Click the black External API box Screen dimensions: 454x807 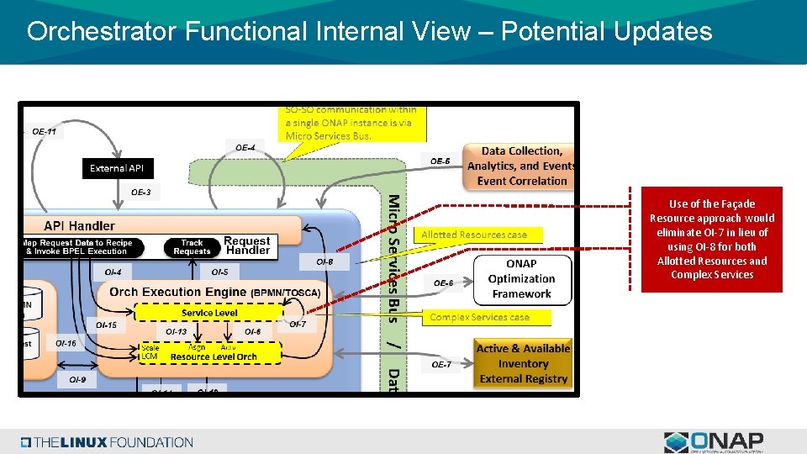(x=117, y=169)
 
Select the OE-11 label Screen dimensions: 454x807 (x=44, y=131)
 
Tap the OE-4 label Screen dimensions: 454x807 (x=245, y=148)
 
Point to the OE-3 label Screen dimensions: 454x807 (x=141, y=193)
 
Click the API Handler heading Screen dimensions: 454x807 (x=80, y=225)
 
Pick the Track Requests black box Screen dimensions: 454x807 (x=192, y=247)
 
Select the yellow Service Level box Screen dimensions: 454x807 (x=209, y=313)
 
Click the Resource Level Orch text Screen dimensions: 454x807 (x=214, y=356)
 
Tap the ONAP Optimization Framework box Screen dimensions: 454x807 (x=521, y=278)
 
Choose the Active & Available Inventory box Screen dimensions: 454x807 (x=523, y=363)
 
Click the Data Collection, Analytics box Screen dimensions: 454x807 (x=521, y=166)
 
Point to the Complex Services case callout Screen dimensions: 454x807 (x=479, y=317)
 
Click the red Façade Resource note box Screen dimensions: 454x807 (x=711, y=240)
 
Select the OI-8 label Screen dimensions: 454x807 (x=324, y=262)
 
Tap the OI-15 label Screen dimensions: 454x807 (x=106, y=325)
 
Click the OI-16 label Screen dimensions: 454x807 (x=66, y=343)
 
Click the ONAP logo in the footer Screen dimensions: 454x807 (x=714, y=442)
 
